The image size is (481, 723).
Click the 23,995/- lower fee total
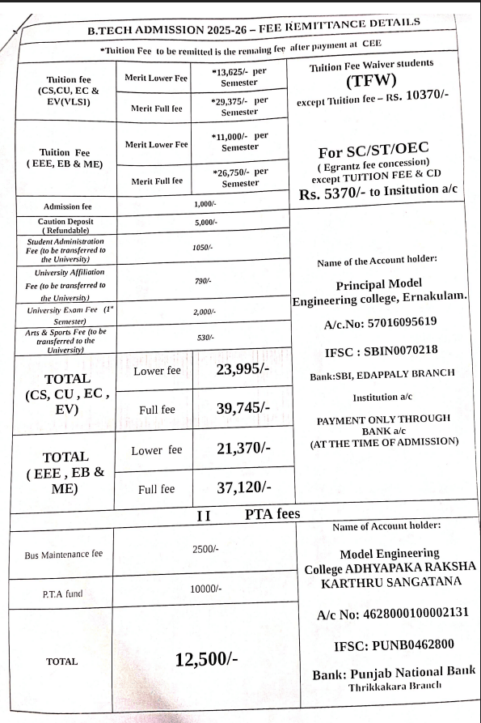pyautogui.click(x=243, y=370)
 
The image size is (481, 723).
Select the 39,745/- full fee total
pyautogui.click(x=243, y=408)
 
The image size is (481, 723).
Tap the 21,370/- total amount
pyautogui.click(x=243, y=448)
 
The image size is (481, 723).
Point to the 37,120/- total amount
pyautogui.click(x=243, y=487)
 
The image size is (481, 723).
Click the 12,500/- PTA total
pyautogui.click(x=206, y=658)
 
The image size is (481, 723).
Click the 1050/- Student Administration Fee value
pyautogui.click(x=202, y=248)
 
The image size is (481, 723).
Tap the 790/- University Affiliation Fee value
pyautogui.click(x=202, y=280)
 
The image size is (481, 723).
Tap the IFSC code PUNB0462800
pyautogui.click(x=394, y=645)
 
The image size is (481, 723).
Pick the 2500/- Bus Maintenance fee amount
pyautogui.click(x=202, y=550)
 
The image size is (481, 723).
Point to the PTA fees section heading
pyautogui.click(x=272, y=514)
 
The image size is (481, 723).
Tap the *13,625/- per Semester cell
pyautogui.click(x=239, y=78)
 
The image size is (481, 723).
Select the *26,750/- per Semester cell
pyautogui.click(x=239, y=177)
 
